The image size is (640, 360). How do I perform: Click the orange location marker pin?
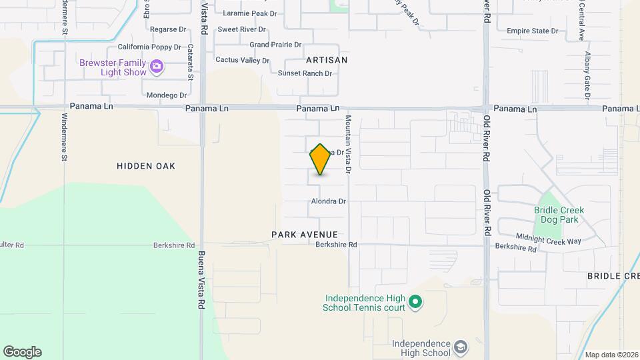320,159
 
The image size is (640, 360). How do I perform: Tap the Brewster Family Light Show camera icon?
157,65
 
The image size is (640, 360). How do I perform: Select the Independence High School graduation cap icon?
460,347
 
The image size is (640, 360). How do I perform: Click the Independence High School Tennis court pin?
415,303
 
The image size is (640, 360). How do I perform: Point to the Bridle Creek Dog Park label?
559,214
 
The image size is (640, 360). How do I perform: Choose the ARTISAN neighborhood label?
327,60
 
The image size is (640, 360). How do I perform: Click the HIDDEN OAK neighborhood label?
146,166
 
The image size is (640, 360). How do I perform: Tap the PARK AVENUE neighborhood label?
305,235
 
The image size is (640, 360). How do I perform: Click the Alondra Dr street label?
329,201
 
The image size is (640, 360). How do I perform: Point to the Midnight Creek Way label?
549,239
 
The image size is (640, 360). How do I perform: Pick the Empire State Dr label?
532,31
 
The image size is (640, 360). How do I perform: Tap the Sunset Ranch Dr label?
305,73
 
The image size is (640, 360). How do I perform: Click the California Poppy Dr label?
149,47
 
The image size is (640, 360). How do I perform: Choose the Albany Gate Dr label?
587,75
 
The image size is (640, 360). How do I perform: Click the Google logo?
22,352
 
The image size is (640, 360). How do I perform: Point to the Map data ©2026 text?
611,355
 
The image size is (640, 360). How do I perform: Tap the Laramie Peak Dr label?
250,13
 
